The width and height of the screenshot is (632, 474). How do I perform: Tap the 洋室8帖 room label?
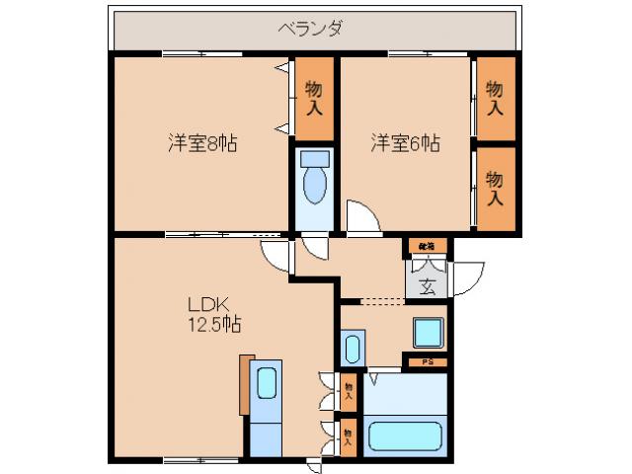(x=201, y=143)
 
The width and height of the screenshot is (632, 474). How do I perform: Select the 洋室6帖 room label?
(x=405, y=143)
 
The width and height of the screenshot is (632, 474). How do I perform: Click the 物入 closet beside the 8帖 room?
(x=313, y=99)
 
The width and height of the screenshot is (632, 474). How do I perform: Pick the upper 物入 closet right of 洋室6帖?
(x=496, y=98)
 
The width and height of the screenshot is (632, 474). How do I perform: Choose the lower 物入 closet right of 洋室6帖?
(x=496, y=187)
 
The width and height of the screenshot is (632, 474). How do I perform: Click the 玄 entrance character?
(x=428, y=287)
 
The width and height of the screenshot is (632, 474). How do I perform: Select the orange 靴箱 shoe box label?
(x=427, y=245)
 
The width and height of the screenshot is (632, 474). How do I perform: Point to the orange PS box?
(x=427, y=361)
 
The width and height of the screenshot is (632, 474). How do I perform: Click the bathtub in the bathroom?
(x=404, y=434)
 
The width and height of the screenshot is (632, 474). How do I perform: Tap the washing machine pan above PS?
(x=428, y=333)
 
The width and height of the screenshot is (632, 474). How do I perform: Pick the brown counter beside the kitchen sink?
(x=245, y=383)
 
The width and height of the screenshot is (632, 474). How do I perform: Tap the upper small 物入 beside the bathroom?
(x=349, y=392)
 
